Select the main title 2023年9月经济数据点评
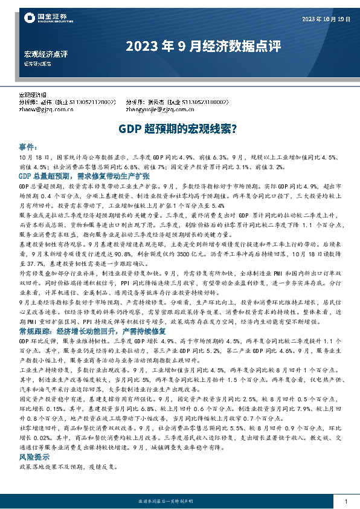[203, 47]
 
